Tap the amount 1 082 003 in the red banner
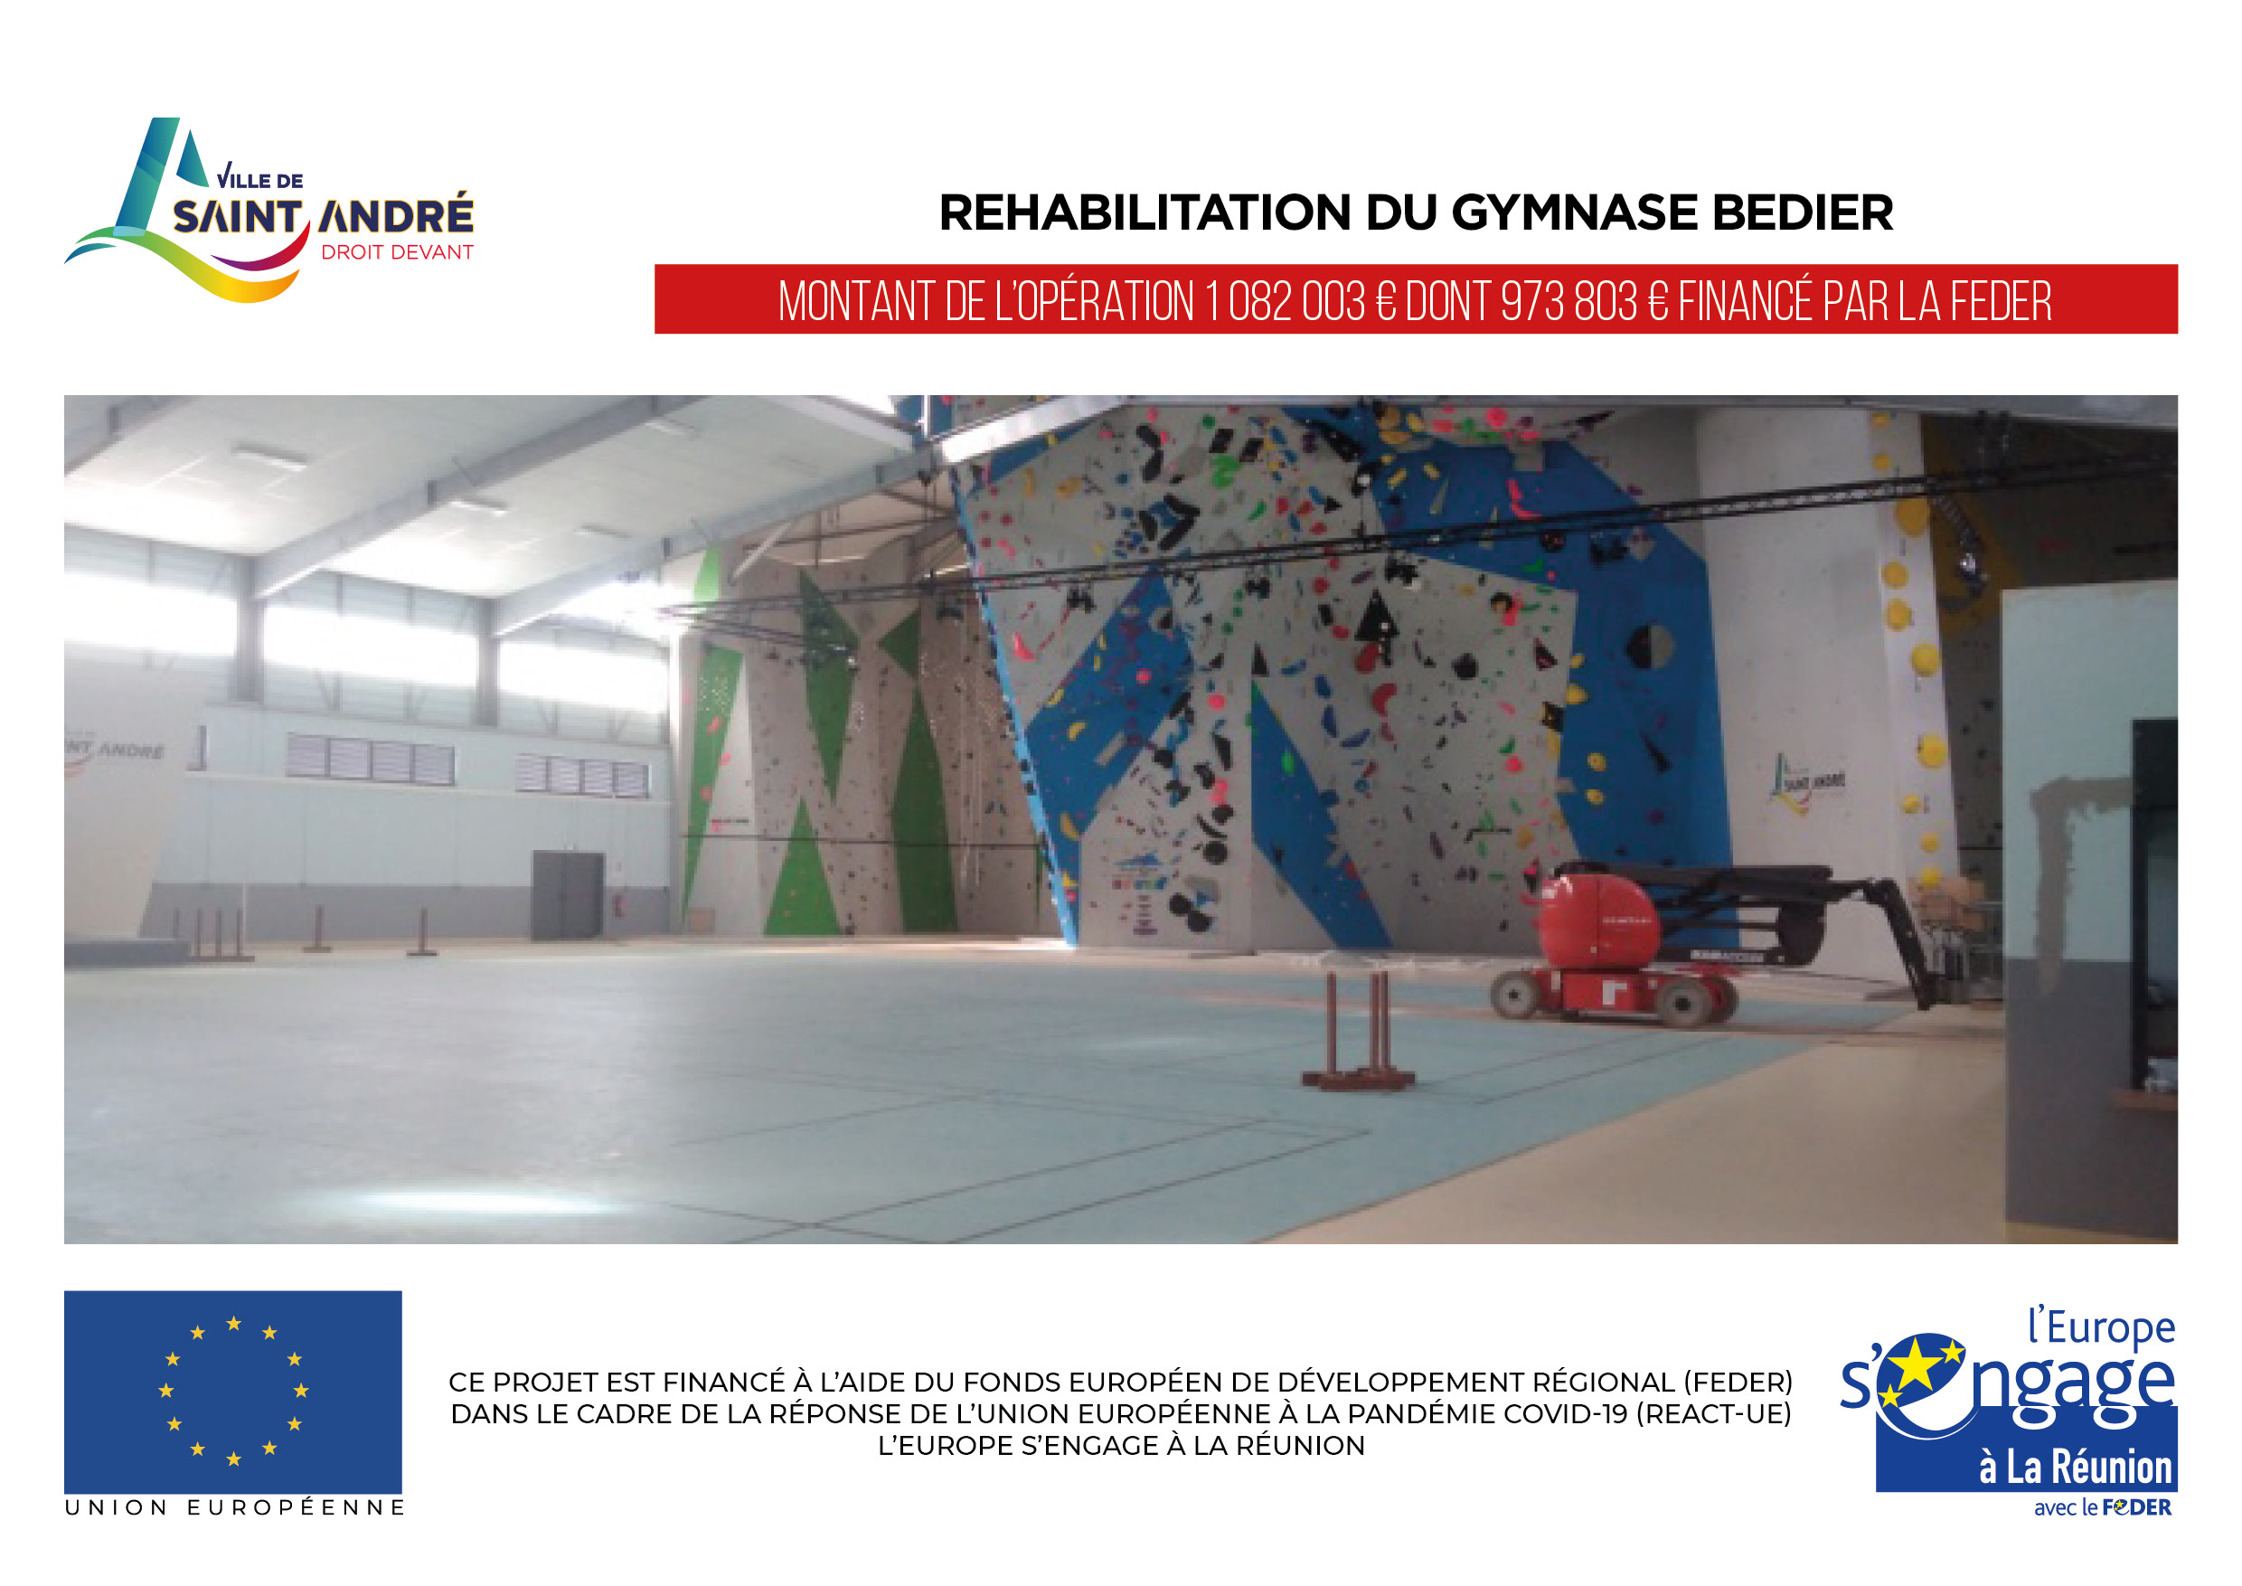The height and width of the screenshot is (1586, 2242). coord(1285,301)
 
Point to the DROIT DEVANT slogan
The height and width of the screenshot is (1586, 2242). coord(397,252)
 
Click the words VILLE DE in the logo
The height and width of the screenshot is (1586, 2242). coord(259,178)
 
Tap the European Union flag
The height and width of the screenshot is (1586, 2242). coord(233,1391)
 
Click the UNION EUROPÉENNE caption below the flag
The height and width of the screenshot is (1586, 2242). coord(234,1508)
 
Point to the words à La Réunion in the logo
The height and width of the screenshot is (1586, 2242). coord(2075,1467)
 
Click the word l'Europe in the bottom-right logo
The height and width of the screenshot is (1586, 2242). coord(2101,1328)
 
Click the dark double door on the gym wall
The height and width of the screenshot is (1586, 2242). coord(568,895)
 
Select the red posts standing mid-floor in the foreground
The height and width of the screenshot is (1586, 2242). coord(1357,1030)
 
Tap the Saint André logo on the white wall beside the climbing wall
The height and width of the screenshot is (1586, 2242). coord(1807,781)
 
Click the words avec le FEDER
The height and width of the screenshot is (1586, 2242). coord(2103,1508)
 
